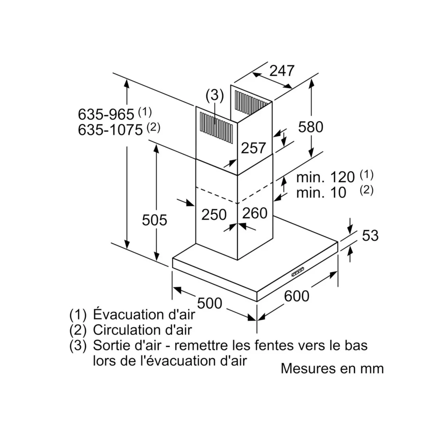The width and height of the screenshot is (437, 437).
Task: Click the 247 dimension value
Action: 282,71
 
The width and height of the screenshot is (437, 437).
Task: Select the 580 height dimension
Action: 311,127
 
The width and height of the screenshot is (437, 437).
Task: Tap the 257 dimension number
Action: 253,148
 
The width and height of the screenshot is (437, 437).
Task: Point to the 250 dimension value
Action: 214,214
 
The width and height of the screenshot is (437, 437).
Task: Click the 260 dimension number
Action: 255,213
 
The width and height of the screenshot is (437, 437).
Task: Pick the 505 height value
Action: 154,220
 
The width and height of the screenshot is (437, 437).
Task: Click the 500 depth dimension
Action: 209,303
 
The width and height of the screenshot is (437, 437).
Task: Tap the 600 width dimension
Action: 297,296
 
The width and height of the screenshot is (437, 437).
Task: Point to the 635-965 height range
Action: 106,114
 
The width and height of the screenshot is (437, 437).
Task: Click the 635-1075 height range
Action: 110,130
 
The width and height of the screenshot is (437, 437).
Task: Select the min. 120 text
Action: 325,177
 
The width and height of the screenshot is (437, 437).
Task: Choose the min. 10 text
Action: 321,193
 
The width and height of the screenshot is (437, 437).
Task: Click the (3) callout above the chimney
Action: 214,95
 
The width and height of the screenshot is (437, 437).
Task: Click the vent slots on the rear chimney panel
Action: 251,102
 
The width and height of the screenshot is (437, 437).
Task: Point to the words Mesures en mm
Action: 332,369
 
